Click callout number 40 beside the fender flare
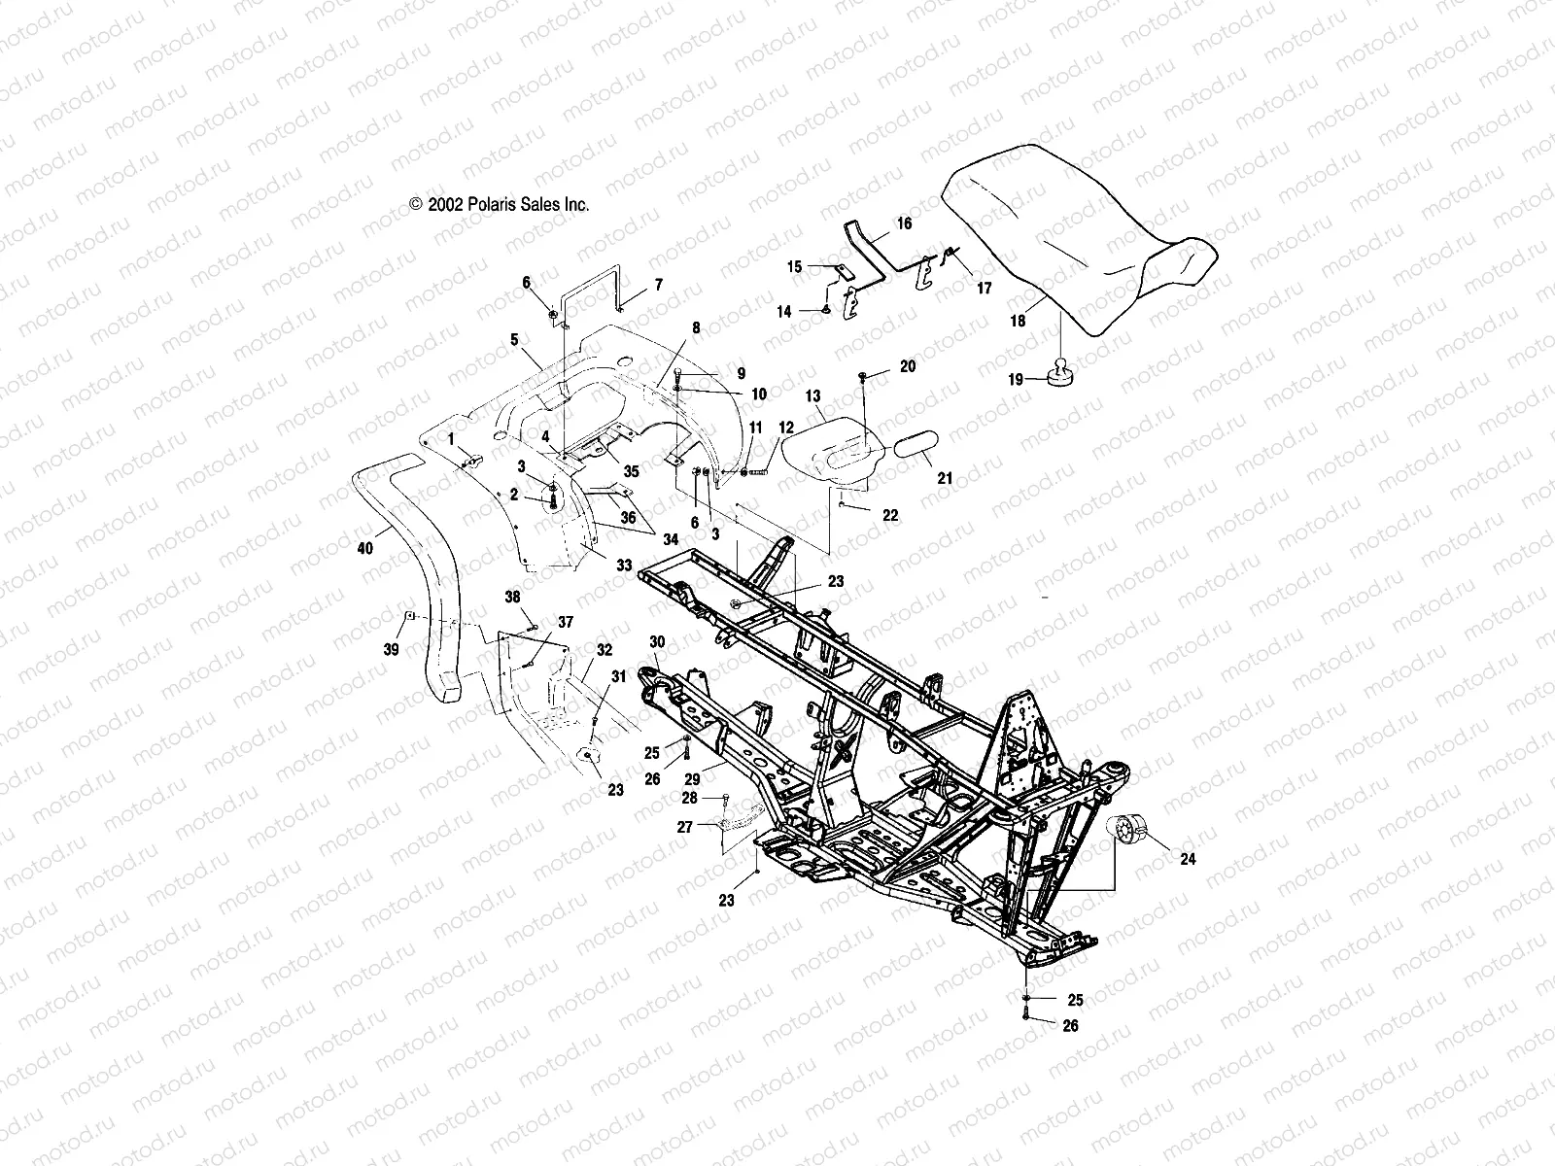[x=364, y=549]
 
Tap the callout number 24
[x=1188, y=858]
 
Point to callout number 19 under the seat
[x=1017, y=380]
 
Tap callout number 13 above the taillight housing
[x=813, y=396]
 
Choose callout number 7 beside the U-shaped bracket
[x=658, y=285]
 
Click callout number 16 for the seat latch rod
[x=904, y=223]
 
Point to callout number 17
[x=984, y=289]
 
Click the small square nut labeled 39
[x=410, y=616]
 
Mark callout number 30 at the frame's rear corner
[x=657, y=642]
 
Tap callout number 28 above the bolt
[x=690, y=798]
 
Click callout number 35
[x=632, y=471]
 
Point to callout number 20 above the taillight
[x=907, y=366]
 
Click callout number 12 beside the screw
[x=786, y=428]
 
